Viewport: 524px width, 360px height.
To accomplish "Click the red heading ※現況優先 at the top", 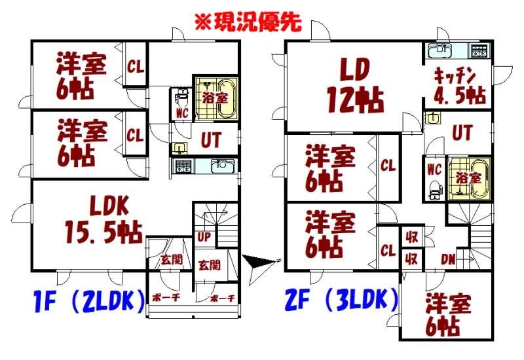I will tap(247, 22).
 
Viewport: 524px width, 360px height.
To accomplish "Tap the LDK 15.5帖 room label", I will tap(104, 221).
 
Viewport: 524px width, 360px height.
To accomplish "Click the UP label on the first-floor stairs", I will tap(203, 236).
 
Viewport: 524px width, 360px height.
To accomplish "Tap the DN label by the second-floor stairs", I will tap(448, 259).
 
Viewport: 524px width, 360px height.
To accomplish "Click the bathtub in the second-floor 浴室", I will tap(469, 177).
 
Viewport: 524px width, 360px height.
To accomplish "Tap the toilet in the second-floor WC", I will tap(434, 189).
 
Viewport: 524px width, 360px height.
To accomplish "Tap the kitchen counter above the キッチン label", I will tap(457, 50).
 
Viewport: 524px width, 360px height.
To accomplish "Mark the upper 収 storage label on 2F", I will tap(411, 237).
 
